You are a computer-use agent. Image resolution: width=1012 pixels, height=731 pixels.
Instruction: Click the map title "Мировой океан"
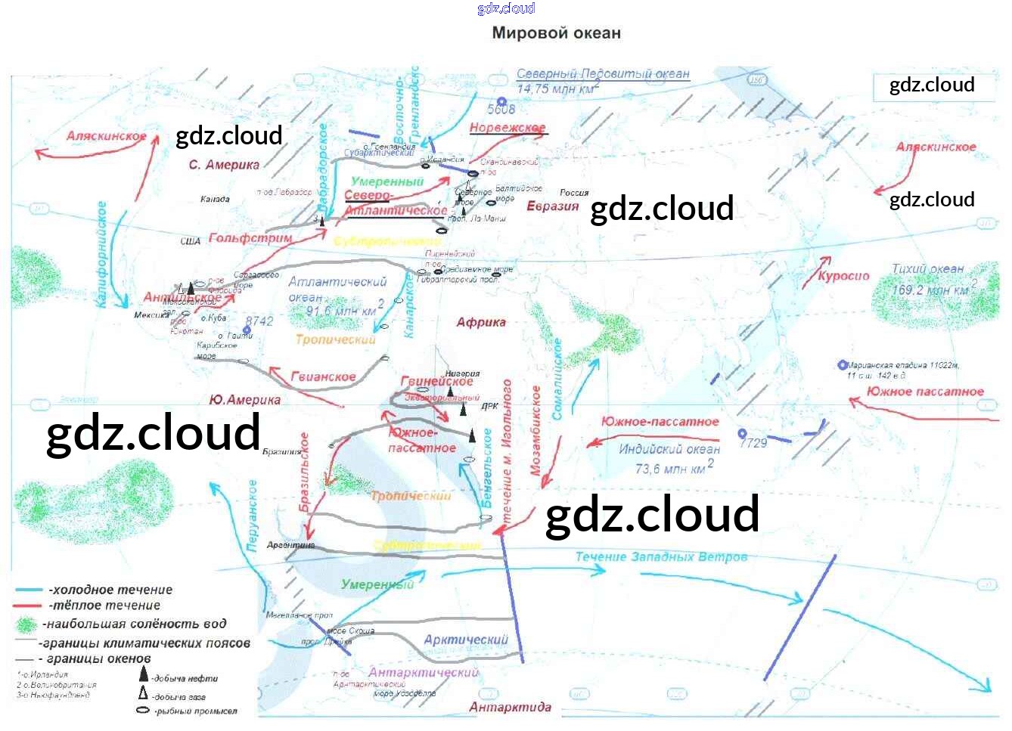[x=556, y=33]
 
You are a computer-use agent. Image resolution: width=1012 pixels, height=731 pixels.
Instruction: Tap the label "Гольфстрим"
[x=250, y=238]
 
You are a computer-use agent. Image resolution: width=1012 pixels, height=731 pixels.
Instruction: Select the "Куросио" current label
[x=843, y=276]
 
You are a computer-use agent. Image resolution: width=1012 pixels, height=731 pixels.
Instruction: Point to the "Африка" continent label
[x=480, y=323]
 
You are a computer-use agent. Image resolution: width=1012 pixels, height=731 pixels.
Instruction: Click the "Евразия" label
[x=552, y=206]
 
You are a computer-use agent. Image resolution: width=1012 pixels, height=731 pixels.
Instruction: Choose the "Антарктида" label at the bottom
[x=510, y=708]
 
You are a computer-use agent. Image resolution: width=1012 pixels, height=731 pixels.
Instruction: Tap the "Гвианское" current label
[x=323, y=376]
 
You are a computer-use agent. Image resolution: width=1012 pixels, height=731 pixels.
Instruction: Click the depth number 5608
[x=501, y=110]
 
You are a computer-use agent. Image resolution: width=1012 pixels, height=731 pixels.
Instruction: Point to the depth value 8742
[x=259, y=321]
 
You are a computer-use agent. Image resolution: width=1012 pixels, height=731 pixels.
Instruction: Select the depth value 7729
[x=753, y=443]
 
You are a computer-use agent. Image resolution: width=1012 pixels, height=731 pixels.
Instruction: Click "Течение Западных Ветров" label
[x=661, y=557]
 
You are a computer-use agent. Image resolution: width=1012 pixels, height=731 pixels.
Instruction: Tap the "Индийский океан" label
[x=669, y=449]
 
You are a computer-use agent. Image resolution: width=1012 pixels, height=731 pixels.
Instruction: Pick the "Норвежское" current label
[x=507, y=128]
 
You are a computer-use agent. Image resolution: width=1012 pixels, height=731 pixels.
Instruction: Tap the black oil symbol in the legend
[x=144, y=674]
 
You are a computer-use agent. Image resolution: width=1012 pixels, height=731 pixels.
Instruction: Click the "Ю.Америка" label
[x=244, y=400]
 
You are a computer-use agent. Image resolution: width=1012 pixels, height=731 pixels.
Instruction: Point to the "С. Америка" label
[x=223, y=165]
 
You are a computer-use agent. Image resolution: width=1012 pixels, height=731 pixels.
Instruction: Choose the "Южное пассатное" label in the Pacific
[x=925, y=392]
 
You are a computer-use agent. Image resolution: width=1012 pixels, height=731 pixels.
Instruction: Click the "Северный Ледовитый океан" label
[x=603, y=74]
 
